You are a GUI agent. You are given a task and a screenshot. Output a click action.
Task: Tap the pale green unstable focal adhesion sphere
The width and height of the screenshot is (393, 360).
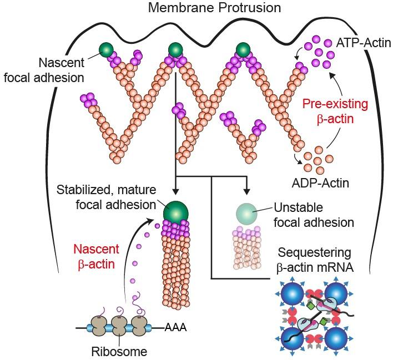point(246,212)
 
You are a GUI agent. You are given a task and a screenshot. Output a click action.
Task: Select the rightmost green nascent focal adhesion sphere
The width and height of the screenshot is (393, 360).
point(243,50)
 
